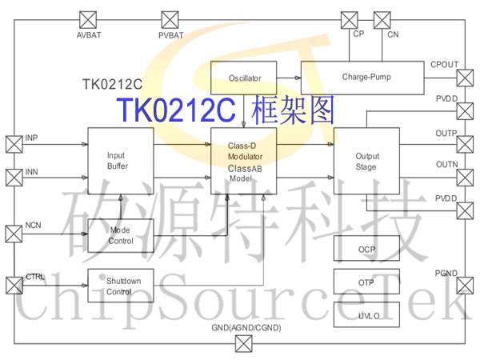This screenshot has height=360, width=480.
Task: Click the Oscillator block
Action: point(244,78)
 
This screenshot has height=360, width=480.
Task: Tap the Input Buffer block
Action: point(118,160)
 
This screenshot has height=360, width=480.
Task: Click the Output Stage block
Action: point(366,161)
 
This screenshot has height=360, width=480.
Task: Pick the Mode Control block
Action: point(120,236)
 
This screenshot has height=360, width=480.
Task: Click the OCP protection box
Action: point(366,250)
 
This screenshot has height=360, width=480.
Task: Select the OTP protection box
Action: point(366,282)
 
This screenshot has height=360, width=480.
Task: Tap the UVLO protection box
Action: point(366,315)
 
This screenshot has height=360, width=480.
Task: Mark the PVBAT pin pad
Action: point(170,18)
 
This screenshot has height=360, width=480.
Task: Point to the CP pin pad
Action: point(350,18)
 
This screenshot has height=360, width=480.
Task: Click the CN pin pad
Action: point(382,18)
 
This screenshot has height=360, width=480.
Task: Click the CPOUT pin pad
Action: point(465,77)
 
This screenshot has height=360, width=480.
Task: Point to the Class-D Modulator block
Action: point(244,161)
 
